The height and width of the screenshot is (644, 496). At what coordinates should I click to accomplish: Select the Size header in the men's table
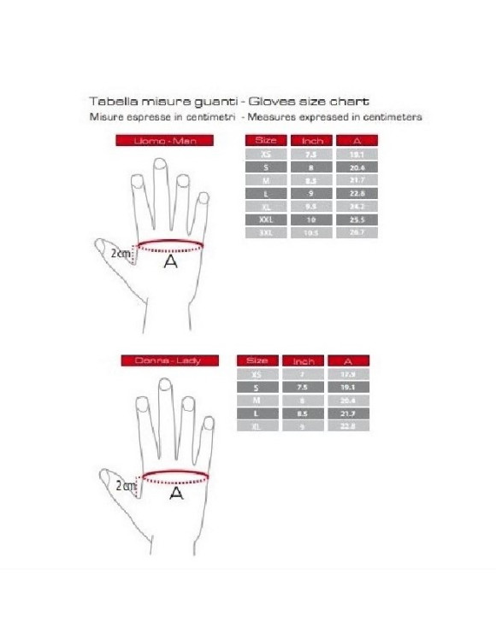pos(266,140)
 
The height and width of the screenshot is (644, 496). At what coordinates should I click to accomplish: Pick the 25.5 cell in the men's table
pos(358,220)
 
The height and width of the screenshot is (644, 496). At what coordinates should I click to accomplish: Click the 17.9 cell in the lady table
pos(347,375)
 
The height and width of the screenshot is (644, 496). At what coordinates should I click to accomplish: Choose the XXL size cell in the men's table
pos(266,220)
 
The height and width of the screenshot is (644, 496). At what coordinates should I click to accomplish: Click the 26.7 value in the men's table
pos(358,232)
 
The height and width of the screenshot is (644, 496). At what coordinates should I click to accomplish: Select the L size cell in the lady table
pos(257,413)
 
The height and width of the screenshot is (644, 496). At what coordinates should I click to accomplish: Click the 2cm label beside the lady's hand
pos(125,485)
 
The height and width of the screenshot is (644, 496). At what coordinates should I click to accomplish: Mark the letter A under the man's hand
pos(170,263)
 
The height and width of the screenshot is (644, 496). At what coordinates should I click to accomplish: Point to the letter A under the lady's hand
pos(175,493)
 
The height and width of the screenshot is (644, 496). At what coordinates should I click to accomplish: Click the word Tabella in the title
pos(109,100)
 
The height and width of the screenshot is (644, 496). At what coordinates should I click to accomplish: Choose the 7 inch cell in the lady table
pos(300,375)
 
